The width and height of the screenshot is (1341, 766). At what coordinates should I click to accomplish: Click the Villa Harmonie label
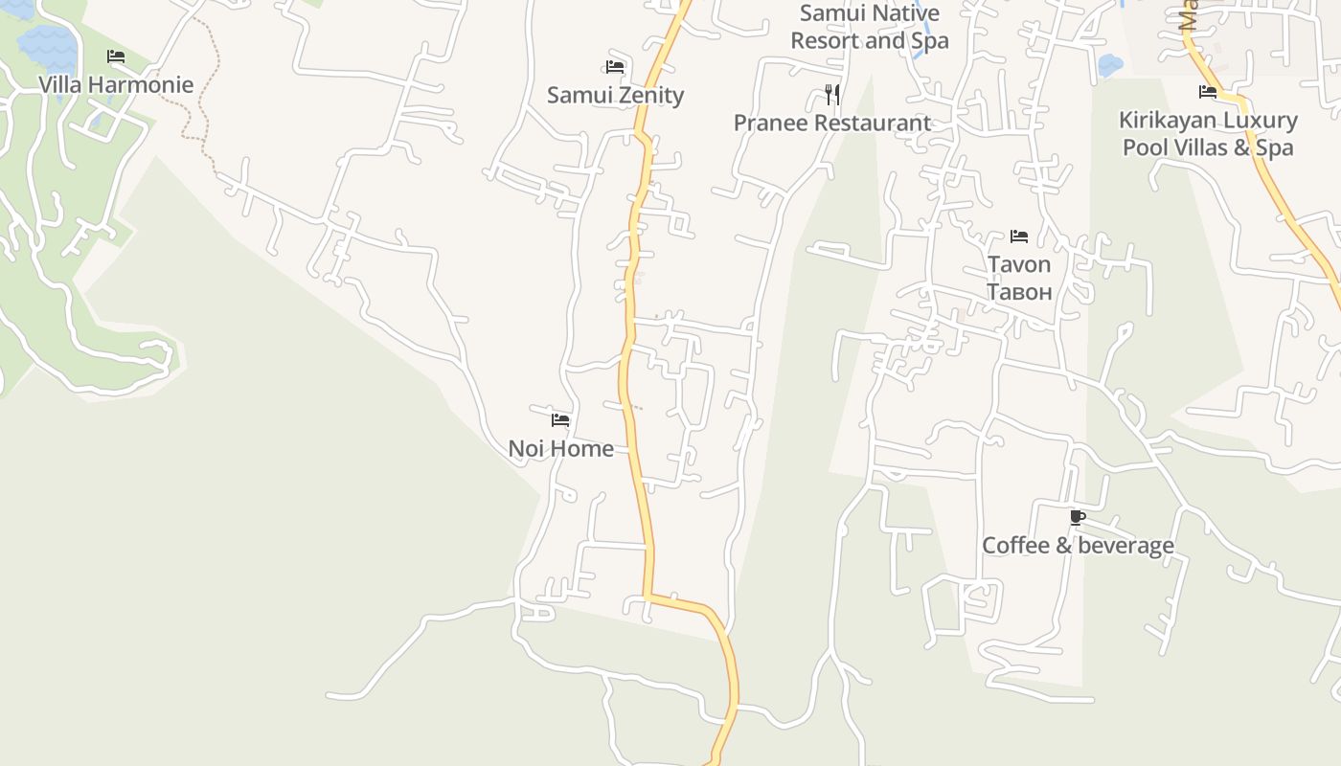116,84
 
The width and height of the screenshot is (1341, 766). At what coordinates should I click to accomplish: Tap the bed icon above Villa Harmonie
116,56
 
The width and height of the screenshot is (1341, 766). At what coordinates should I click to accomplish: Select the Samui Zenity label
615,95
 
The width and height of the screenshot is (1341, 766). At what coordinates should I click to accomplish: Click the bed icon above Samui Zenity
615,67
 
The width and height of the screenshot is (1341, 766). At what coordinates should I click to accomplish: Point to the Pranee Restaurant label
831,123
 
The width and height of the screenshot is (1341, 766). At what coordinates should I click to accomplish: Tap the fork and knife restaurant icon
832,94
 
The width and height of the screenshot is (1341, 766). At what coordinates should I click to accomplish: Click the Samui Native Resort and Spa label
870,27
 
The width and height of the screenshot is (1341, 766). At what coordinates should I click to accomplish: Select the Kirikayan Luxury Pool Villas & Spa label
1208,134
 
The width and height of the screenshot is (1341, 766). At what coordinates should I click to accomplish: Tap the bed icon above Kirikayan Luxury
1208,92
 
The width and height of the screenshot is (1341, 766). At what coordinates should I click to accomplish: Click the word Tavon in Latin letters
1019,264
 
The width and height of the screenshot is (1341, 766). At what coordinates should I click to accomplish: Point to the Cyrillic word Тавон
1019,292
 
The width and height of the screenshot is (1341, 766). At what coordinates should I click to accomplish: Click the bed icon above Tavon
1019,236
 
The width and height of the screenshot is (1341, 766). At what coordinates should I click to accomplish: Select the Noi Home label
560,448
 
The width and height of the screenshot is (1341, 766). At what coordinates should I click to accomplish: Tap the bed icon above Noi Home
560,419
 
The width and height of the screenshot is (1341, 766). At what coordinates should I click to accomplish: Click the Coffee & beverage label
1078,546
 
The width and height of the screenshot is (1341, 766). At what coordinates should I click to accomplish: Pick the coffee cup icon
1078,518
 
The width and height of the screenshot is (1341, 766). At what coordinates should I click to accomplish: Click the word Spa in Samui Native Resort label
928,41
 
